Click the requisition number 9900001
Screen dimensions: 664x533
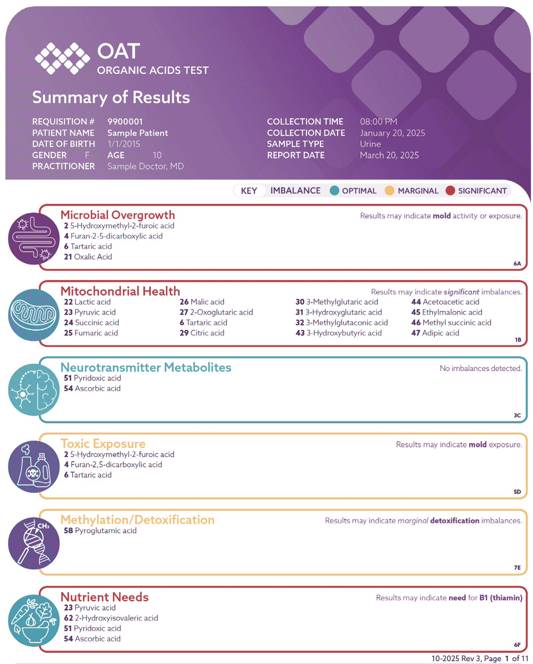pyautogui.click(x=125, y=121)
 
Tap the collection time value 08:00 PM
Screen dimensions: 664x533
pyautogui.click(x=378, y=121)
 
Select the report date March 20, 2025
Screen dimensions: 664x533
pyautogui.click(x=389, y=155)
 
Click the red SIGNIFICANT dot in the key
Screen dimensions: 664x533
pyautogui.click(x=450, y=191)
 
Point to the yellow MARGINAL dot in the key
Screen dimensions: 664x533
pyautogui.click(x=389, y=191)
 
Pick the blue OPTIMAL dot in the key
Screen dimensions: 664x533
pyautogui.click(x=334, y=191)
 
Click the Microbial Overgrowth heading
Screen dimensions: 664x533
pyautogui.click(x=118, y=215)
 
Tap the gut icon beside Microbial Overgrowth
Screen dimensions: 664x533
pyautogui.click(x=34, y=238)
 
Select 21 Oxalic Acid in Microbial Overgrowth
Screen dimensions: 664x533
pyautogui.click(x=88, y=257)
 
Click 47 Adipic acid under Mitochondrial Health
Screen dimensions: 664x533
pyautogui.click(x=435, y=333)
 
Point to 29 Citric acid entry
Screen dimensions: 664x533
pyautogui.click(x=202, y=333)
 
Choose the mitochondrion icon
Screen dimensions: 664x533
pyautogui.click(x=34, y=315)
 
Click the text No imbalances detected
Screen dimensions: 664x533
pyautogui.click(x=480, y=368)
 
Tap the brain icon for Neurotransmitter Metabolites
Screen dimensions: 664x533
pyautogui.click(x=34, y=390)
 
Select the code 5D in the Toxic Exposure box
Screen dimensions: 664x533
pyautogui.click(x=517, y=492)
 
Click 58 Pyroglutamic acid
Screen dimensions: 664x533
pyautogui.click(x=100, y=531)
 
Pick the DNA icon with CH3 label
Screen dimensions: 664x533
pyautogui.click(x=34, y=543)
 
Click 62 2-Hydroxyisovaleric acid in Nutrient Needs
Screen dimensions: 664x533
pyautogui.click(x=111, y=618)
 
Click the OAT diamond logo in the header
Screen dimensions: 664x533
pyautogui.click(x=62, y=58)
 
